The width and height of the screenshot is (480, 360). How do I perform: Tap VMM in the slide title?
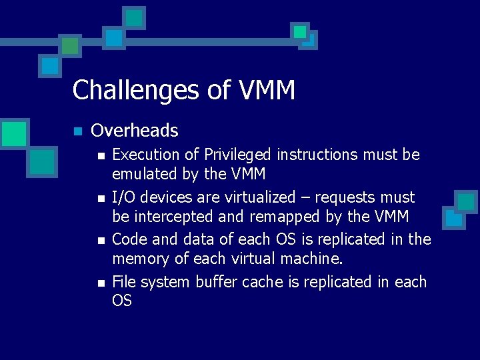pos(265,89)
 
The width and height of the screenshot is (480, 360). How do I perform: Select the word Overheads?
pos(135,130)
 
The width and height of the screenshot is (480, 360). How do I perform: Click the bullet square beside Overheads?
pos(77,131)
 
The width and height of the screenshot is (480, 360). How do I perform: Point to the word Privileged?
pos(239,155)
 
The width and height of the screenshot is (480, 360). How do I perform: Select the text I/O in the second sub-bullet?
pos(123,197)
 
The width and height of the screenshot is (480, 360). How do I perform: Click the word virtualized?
pos(255,197)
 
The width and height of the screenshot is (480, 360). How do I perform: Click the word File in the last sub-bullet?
pos(124,282)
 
